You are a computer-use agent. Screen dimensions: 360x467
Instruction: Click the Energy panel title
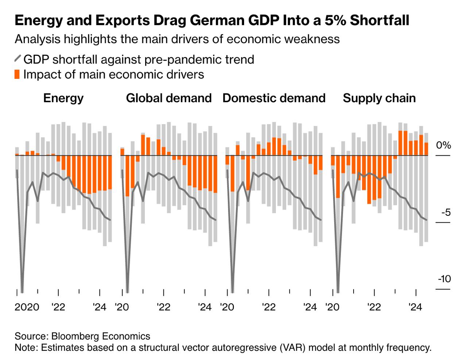(x=63, y=98)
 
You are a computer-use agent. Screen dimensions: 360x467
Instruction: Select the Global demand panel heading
(x=169, y=98)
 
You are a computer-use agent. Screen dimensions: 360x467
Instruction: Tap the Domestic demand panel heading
(x=274, y=98)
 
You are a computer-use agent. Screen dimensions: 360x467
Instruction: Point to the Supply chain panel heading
(x=379, y=98)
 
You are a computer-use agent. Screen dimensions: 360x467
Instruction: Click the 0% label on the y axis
(x=443, y=145)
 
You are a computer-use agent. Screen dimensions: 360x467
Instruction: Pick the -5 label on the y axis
(x=445, y=212)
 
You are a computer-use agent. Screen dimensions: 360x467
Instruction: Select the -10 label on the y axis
(x=444, y=279)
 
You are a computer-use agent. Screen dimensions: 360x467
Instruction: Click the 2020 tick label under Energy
(x=27, y=307)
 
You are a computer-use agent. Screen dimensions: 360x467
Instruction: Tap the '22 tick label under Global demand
(x=163, y=307)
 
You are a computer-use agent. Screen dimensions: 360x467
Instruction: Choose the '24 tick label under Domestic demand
(x=310, y=307)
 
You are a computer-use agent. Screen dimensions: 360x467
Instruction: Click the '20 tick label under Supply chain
(x=333, y=307)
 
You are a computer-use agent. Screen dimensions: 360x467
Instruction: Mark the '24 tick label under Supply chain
(x=416, y=307)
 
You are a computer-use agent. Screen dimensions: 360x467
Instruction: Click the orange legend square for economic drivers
(x=17, y=74)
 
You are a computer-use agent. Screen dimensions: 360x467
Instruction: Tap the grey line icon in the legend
(x=17, y=59)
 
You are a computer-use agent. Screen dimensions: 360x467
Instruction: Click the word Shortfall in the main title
(x=379, y=20)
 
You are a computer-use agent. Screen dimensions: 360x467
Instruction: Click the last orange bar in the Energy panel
(x=110, y=172)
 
